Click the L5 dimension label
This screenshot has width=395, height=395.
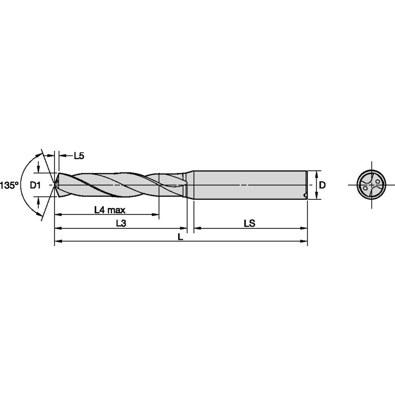pyautogui.click(x=79, y=156)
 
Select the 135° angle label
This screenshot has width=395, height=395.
pyautogui.click(x=9, y=185)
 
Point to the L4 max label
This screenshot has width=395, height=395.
pyautogui.click(x=110, y=210)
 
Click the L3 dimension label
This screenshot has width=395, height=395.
pyautogui.click(x=121, y=223)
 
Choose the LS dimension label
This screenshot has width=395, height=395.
pyautogui.click(x=250, y=223)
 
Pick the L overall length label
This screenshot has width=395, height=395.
pyautogui.click(x=180, y=236)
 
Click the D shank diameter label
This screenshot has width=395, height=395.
pyautogui.click(x=323, y=185)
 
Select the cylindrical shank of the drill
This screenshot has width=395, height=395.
pyautogui.click(x=250, y=185)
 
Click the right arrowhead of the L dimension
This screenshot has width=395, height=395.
pyautogui.click(x=305, y=241)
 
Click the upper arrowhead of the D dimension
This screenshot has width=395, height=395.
pyautogui.click(x=316, y=173)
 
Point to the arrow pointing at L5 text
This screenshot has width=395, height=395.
pyautogui.click(x=63, y=156)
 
